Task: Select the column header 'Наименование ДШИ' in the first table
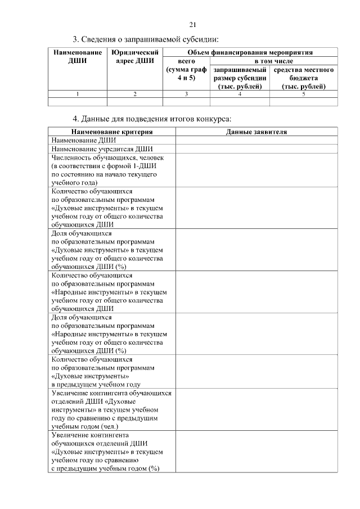coord(77,57)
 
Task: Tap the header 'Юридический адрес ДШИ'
coord(134,57)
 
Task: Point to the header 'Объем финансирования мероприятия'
coord(250,52)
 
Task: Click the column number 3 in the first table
coord(186,94)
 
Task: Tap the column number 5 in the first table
coord(304,94)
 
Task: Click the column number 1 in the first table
coord(77,94)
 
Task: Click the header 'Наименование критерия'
coord(111,132)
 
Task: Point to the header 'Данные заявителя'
coord(256,132)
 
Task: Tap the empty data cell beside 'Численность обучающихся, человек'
coord(256,170)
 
